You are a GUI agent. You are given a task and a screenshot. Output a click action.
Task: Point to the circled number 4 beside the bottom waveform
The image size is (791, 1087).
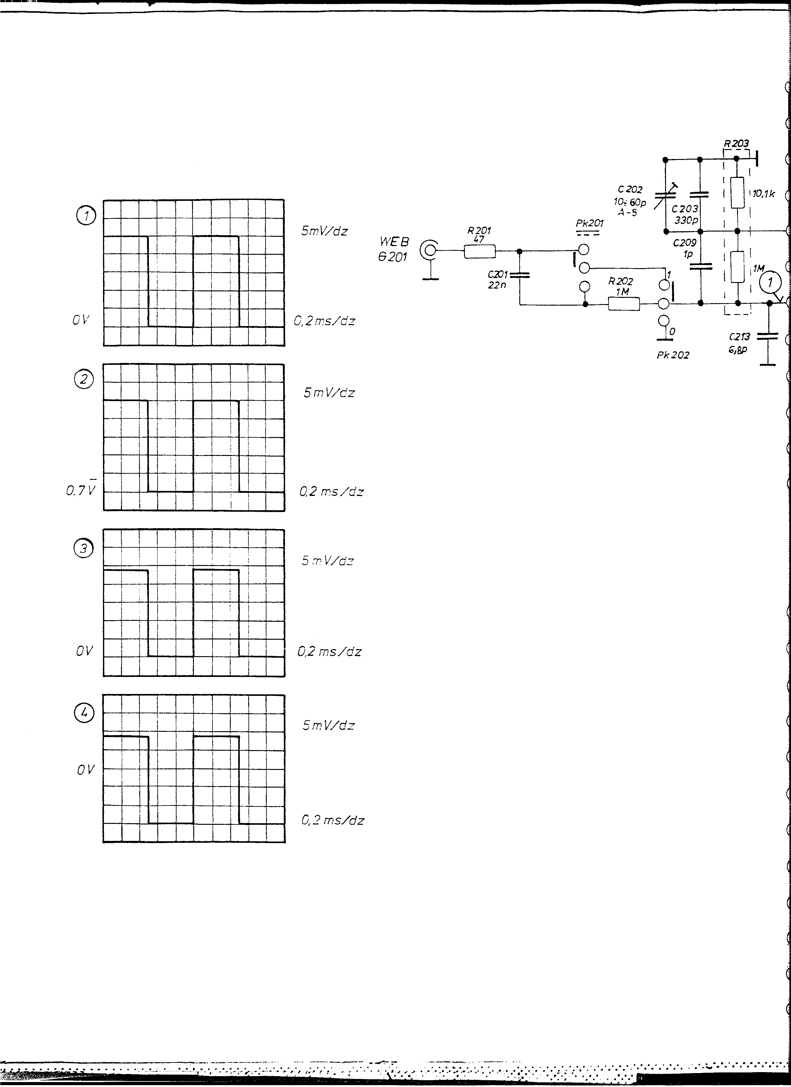[x=84, y=714]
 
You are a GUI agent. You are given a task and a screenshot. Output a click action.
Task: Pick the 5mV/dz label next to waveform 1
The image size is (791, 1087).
[x=324, y=231]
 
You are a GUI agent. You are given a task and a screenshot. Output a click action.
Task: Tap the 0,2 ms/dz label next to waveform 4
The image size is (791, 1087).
[x=333, y=820]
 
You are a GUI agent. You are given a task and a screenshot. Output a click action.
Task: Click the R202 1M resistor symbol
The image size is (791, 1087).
[x=624, y=303]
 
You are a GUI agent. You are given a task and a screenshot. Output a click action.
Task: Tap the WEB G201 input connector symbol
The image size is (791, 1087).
[x=428, y=250]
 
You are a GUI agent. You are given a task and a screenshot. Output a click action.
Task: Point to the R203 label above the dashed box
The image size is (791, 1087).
[x=736, y=143]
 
